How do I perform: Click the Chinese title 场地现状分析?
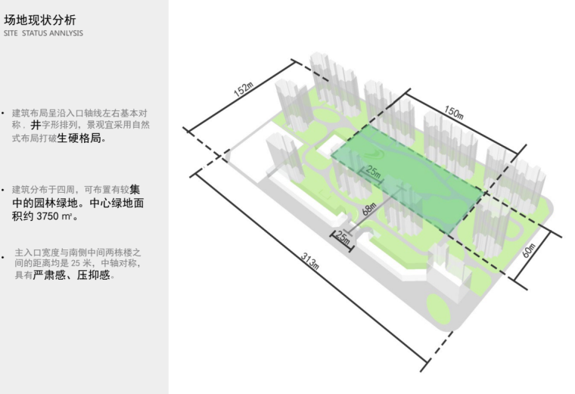(39, 20)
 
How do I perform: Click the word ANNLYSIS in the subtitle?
(67, 33)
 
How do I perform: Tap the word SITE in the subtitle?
(12, 33)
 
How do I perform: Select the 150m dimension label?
(454, 112)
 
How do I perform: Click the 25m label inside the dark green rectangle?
(374, 172)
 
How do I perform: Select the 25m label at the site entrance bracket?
(343, 238)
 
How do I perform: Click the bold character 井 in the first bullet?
(36, 126)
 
